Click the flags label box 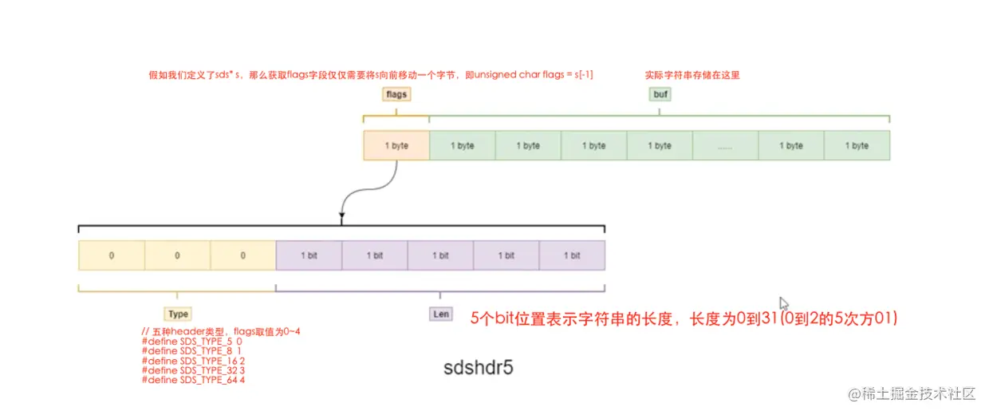point(396,94)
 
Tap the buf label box point(660,94)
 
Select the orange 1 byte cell point(396,146)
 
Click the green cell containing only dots point(725,146)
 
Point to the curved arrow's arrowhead point(342,215)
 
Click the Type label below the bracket point(178,314)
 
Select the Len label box point(440,314)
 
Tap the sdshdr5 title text point(479,369)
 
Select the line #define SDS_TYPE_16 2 point(194,361)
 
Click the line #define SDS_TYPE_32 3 point(194,370)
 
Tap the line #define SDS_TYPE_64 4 point(194,380)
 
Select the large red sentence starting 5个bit point(684,318)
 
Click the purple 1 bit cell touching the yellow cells point(309,255)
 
